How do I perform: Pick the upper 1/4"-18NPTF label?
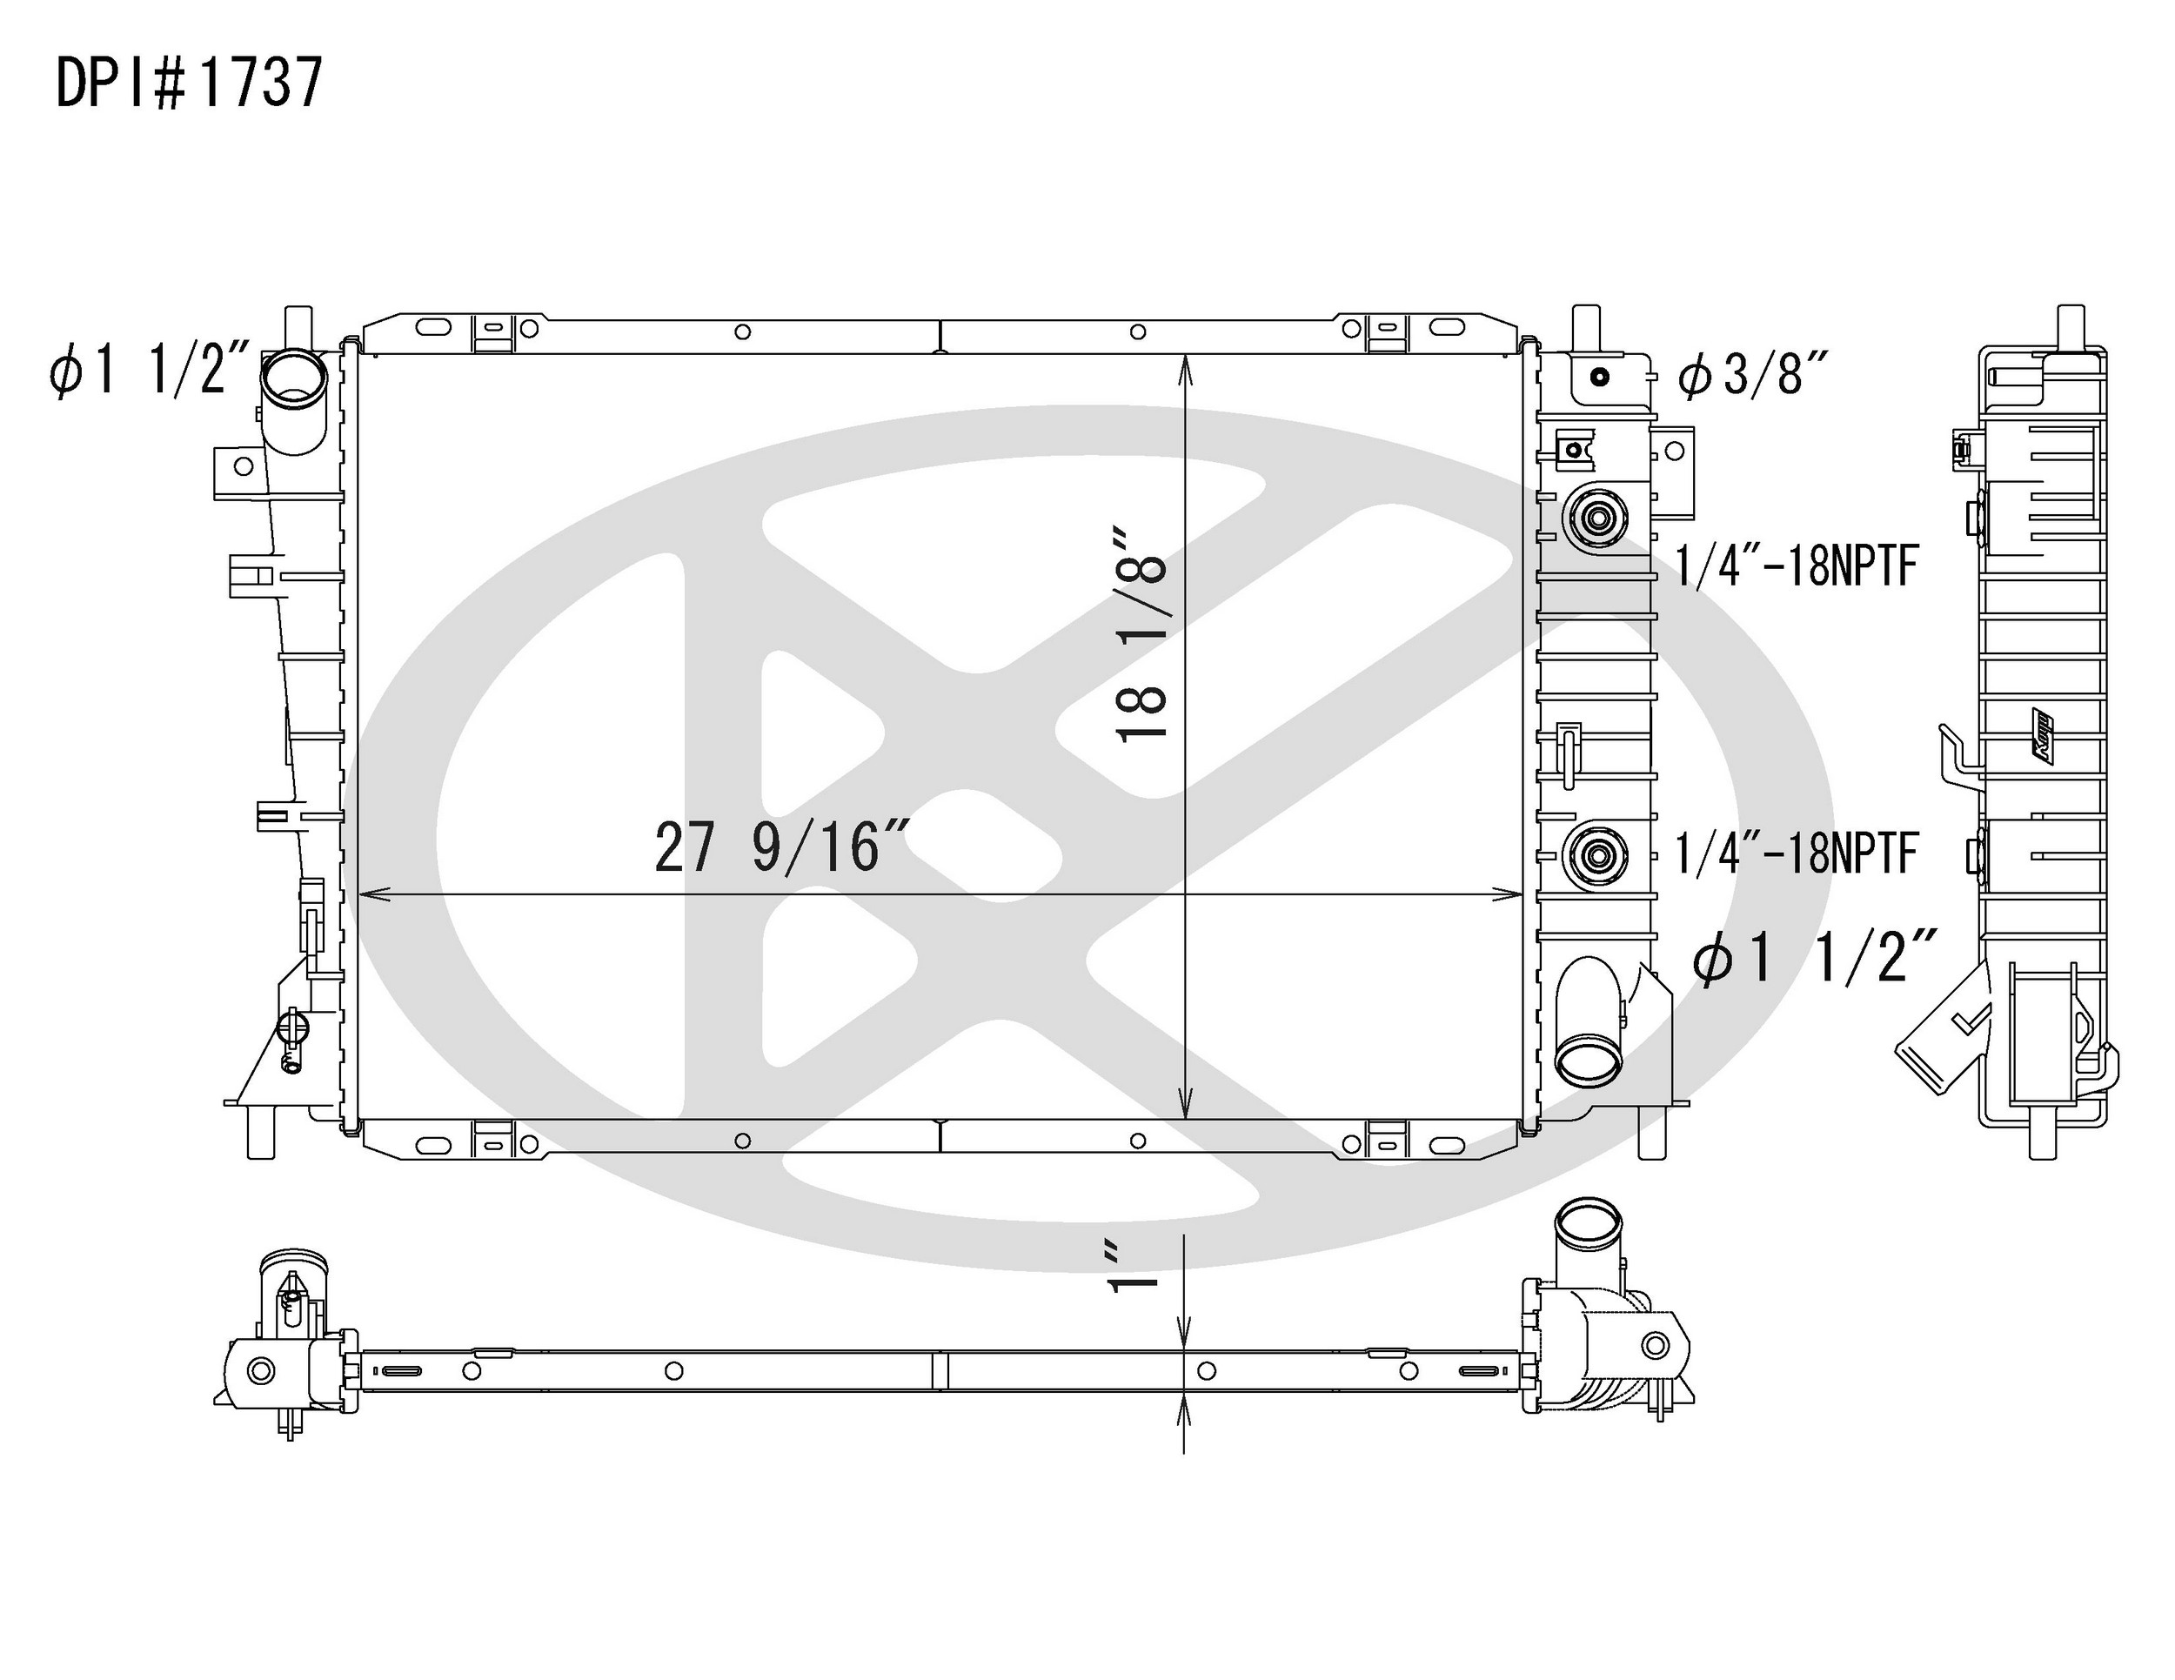tap(1797, 566)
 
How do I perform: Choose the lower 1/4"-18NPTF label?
tap(1797, 853)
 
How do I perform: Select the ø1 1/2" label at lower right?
tap(1815, 961)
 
